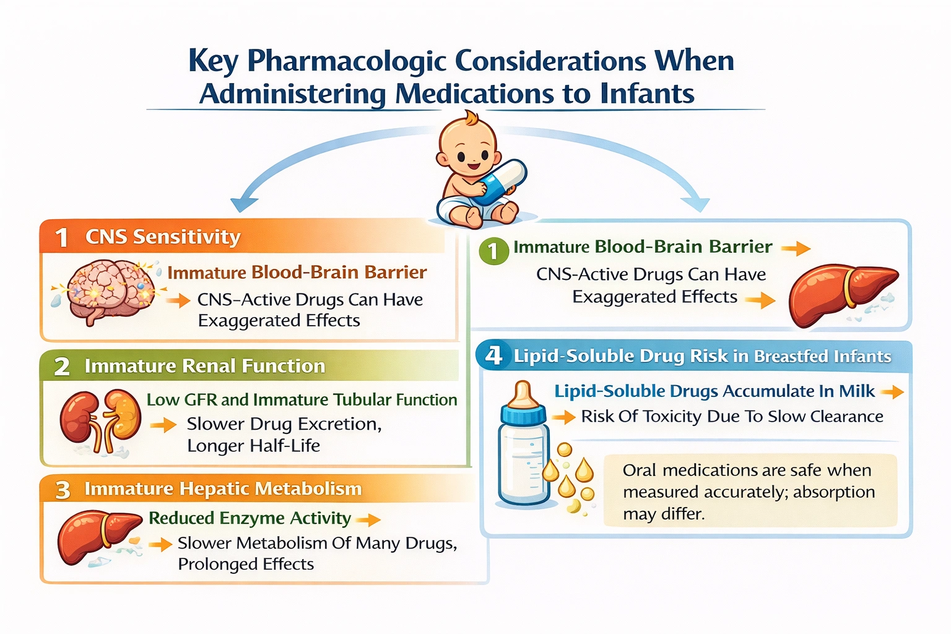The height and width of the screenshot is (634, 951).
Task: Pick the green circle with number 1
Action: (493, 251)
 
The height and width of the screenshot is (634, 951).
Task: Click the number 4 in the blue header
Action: (493, 355)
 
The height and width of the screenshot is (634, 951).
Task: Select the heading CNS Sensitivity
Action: (162, 237)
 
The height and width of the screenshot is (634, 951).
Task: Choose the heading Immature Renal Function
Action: (204, 366)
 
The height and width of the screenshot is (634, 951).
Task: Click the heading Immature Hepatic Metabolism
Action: (223, 489)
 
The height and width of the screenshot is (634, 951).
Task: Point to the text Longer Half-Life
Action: (253, 446)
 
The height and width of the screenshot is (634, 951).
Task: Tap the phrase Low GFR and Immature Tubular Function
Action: (302, 400)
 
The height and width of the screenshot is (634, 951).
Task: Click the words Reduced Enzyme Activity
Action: (250, 518)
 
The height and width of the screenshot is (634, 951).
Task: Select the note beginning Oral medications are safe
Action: (749, 492)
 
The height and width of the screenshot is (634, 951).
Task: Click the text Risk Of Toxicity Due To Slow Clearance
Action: (732, 416)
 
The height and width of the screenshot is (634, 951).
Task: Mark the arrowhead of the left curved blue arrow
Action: (243, 204)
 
